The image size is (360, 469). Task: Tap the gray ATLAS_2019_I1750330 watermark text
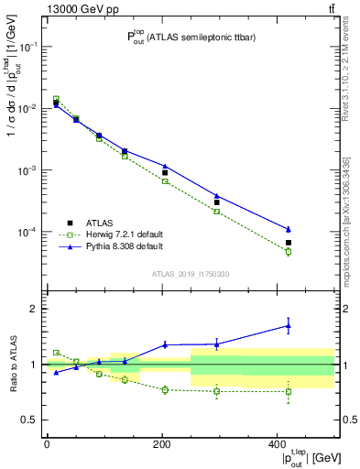click(191, 273)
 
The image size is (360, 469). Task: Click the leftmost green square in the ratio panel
click(56, 352)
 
